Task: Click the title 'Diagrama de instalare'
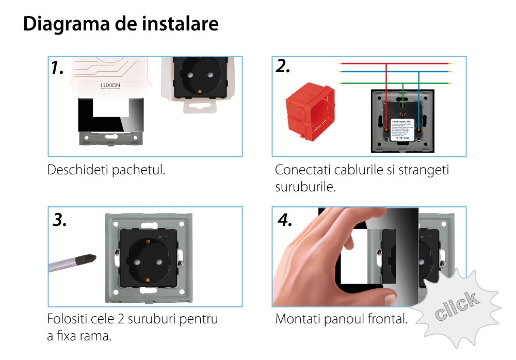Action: (121, 24)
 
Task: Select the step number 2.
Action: (283, 66)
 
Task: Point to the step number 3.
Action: (60, 220)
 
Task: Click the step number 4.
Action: (285, 220)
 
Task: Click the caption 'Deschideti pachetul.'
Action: (106, 170)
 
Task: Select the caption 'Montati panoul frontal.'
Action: (341, 319)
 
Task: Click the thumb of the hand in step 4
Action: (361, 297)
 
